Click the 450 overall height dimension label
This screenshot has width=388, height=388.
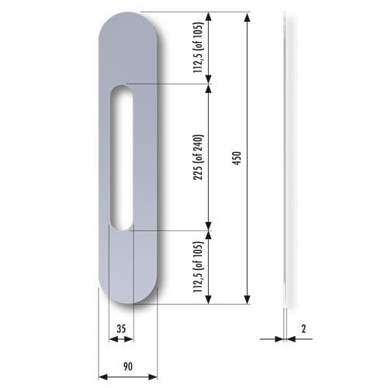(237, 158)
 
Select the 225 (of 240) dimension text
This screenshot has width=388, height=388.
(199, 158)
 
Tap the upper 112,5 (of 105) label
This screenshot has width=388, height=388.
(199, 48)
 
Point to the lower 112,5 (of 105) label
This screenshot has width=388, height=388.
(199, 267)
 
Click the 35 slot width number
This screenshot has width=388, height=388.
(121, 329)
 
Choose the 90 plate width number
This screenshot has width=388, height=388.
(128, 366)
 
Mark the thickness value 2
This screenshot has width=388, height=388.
(303, 329)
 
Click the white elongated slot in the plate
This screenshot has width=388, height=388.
(122, 158)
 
